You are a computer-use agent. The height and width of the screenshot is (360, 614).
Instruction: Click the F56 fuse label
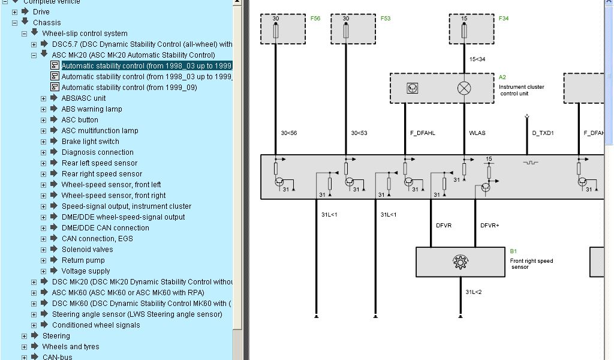pyautogui.click(x=315, y=19)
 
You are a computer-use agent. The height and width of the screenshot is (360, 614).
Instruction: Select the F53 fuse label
pyautogui.click(x=385, y=19)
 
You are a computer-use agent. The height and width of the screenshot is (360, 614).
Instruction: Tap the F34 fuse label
pyautogui.click(x=504, y=19)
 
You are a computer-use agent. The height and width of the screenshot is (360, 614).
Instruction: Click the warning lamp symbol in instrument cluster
pyautogui.click(x=464, y=88)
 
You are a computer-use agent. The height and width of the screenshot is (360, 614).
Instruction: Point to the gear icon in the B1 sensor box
pyautogui.click(x=460, y=262)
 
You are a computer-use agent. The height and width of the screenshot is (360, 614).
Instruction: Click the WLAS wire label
pyautogui.click(x=477, y=133)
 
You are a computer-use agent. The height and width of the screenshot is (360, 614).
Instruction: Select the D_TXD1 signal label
pyautogui.click(x=543, y=133)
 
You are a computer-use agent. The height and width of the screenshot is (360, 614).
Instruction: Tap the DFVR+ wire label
pyautogui.click(x=489, y=226)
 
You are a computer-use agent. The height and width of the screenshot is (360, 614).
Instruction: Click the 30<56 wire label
pyautogui.click(x=289, y=133)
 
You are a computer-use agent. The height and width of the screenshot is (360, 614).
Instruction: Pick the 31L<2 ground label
pyautogui.click(x=474, y=292)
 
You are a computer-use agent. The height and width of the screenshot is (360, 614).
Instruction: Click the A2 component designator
pyautogui.click(x=502, y=77)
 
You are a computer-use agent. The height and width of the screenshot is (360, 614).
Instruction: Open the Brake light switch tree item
pyautogui.click(x=90, y=142)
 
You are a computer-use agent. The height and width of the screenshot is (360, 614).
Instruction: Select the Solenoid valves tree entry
pyautogui.click(x=87, y=250)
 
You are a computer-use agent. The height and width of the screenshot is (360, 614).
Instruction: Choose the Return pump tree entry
pyautogui.click(x=83, y=260)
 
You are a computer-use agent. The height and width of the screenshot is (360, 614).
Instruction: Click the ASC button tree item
pyautogui.click(x=80, y=120)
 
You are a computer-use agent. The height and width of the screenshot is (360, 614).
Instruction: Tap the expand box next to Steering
pyautogui.click(x=25, y=336)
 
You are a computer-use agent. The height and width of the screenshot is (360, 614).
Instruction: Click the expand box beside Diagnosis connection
pyautogui.click(x=44, y=152)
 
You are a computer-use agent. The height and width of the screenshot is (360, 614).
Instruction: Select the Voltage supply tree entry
pyautogui.click(x=86, y=271)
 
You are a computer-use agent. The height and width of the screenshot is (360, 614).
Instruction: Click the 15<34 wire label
pyautogui.click(x=477, y=59)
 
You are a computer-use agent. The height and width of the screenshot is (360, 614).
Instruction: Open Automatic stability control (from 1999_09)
pyautogui.click(x=129, y=88)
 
